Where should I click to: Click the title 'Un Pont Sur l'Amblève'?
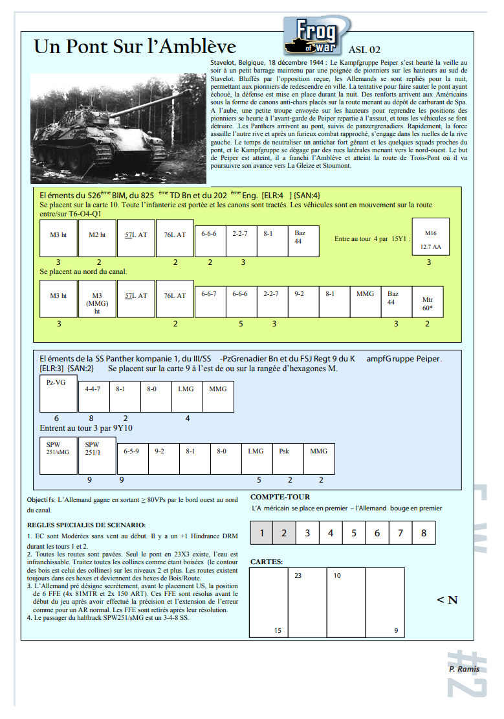pos(135,47)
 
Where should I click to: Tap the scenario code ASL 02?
pos(364,50)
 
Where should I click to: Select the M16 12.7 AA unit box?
pos(430,237)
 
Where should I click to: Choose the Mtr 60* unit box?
pos(428,302)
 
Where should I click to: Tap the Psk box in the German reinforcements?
pos(288,459)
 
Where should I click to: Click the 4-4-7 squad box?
pos(94,397)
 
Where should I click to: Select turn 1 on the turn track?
pos(261,533)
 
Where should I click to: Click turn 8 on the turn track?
pos(424,533)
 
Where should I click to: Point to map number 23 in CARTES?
pos(298,575)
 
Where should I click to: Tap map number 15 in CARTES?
pos(278,630)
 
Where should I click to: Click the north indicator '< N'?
pos(446,600)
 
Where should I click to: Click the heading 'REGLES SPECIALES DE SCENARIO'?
pos(86,525)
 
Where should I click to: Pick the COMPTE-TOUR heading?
pos(280,497)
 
